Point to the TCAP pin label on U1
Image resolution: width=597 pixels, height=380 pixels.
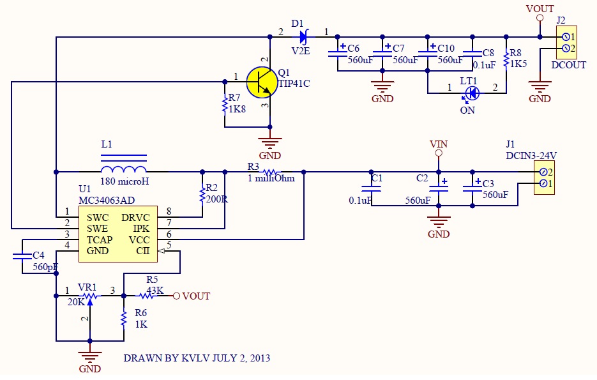100,239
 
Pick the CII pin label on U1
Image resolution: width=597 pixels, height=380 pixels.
142,251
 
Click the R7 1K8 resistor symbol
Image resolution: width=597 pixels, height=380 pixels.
225,105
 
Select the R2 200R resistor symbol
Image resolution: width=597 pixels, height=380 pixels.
203,193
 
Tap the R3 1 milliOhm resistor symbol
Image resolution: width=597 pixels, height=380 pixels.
270,172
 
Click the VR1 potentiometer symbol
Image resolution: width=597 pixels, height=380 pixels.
90,296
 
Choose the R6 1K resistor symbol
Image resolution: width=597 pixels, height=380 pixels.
123,318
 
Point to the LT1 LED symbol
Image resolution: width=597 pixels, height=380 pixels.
472,93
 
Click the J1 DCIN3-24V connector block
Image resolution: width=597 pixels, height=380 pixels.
543,178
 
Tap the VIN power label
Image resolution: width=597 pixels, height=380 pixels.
438,144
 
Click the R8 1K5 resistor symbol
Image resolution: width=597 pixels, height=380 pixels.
506,59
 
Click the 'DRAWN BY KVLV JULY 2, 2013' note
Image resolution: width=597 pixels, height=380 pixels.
197,358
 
